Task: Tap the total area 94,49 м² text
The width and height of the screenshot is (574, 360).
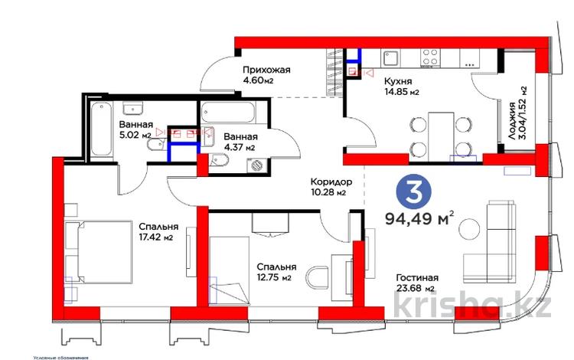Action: [420, 221]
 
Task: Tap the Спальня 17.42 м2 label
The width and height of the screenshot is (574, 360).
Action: [158, 232]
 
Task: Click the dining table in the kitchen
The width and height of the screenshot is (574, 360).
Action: [439, 135]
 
